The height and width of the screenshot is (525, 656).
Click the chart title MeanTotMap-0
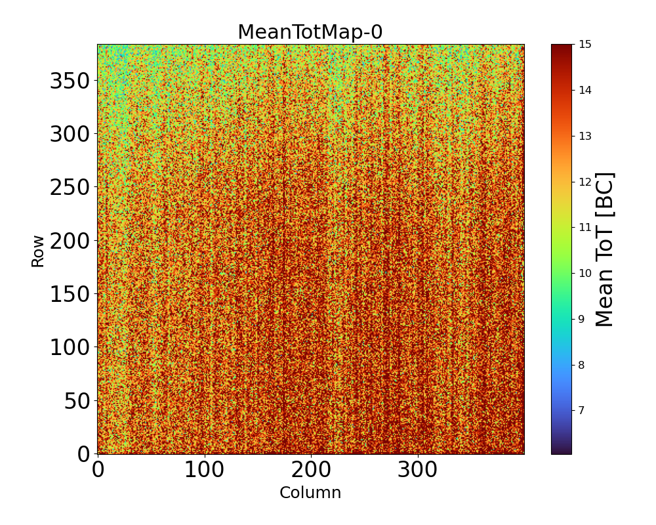(310, 32)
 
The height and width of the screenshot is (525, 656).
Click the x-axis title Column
(310, 493)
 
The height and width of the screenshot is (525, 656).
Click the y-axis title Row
(38, 251)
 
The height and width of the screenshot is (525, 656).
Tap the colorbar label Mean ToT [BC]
(605, 249)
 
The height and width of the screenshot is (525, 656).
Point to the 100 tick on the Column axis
(205, 471)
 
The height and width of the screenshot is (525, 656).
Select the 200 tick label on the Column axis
(311, 471)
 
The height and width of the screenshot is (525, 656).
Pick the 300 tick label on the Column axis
(418, 471)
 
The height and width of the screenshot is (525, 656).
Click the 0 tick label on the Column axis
(98, 471)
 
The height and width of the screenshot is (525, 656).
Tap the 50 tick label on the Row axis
(77, 400)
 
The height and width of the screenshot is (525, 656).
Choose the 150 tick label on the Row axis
(70, 294)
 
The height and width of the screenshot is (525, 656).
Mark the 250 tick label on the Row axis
(70, 188)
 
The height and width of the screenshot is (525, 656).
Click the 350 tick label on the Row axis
(70, 81)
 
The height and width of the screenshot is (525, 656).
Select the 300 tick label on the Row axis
(70, 134)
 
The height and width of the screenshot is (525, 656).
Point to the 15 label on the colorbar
(584, 45)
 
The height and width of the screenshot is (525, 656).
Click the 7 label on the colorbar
(582, 411)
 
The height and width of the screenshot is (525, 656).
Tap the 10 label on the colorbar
(584, 274)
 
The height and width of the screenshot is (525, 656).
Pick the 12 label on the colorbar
(584, 182)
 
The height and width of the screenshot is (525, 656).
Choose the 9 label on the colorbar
(582, 320)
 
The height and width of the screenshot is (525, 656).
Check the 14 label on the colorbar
(584, 91)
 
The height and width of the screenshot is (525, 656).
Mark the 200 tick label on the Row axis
(70, 241)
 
